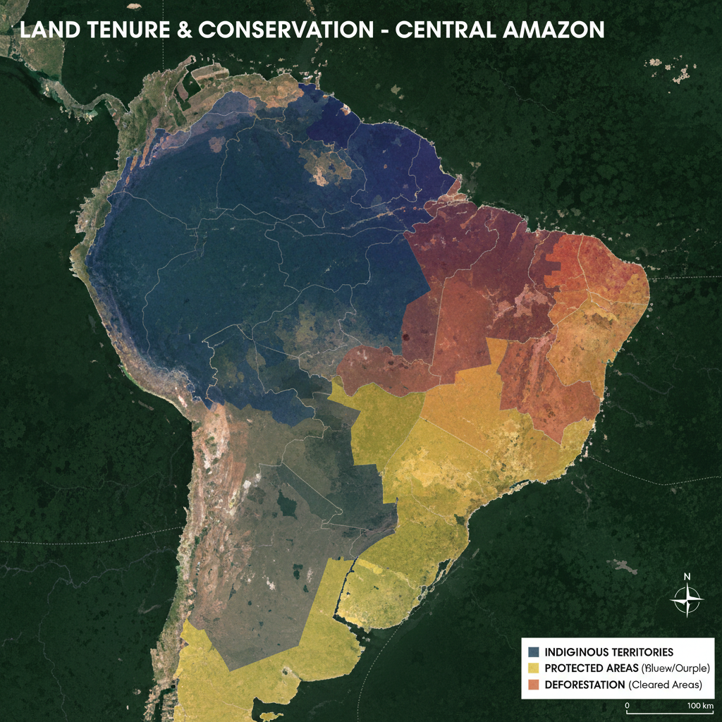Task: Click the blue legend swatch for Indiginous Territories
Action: tap(534, 651)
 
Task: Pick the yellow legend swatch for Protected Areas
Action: tap(534, 668)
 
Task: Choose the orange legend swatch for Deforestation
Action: tap(534, 685)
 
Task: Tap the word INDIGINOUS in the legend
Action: tap(577, 651)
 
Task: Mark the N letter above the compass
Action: tap(687, 576)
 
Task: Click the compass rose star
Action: tap(687, 601)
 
